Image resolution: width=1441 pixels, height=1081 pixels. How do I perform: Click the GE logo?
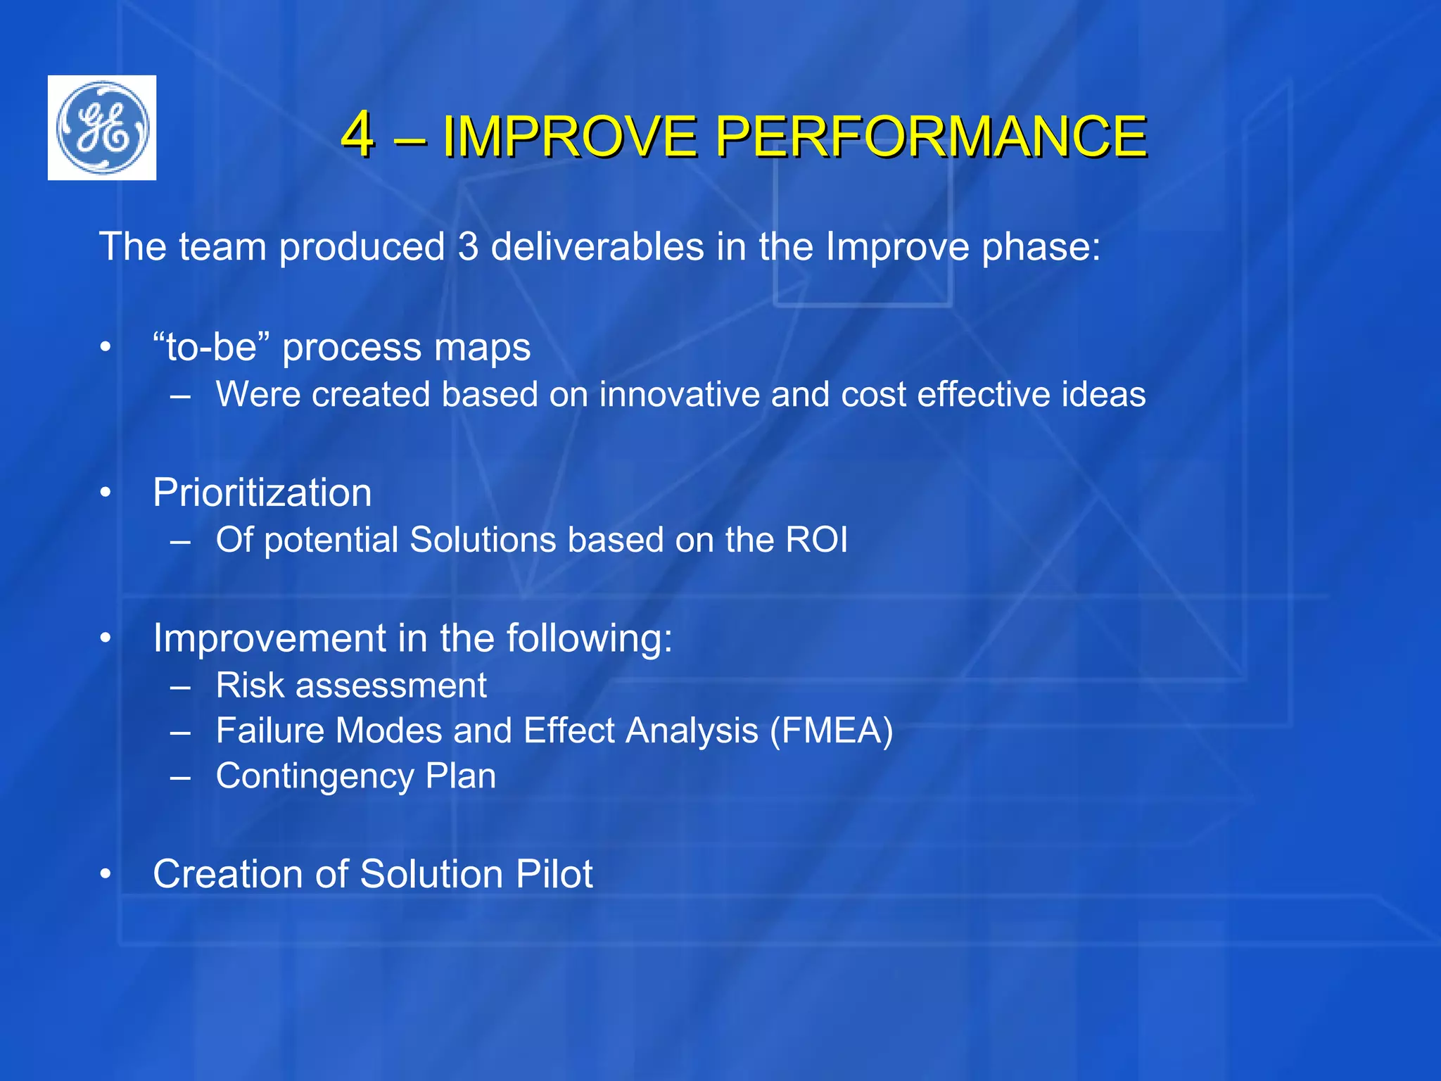102,127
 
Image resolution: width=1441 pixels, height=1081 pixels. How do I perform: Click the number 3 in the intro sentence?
468,247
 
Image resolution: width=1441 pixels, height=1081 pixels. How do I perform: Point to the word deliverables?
597,247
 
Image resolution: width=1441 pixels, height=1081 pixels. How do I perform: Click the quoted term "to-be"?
212,348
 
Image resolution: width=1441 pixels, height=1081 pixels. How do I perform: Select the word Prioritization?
262,493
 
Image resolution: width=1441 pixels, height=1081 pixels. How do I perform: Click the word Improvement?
269,638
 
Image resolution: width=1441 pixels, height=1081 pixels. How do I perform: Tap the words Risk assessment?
351,685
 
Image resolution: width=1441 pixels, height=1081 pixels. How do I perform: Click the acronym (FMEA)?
831,731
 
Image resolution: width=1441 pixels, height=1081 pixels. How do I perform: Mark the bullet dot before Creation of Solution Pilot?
106,875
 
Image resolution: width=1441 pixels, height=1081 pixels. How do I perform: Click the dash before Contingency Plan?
181,777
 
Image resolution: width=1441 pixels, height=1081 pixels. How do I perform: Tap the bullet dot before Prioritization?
106,493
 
